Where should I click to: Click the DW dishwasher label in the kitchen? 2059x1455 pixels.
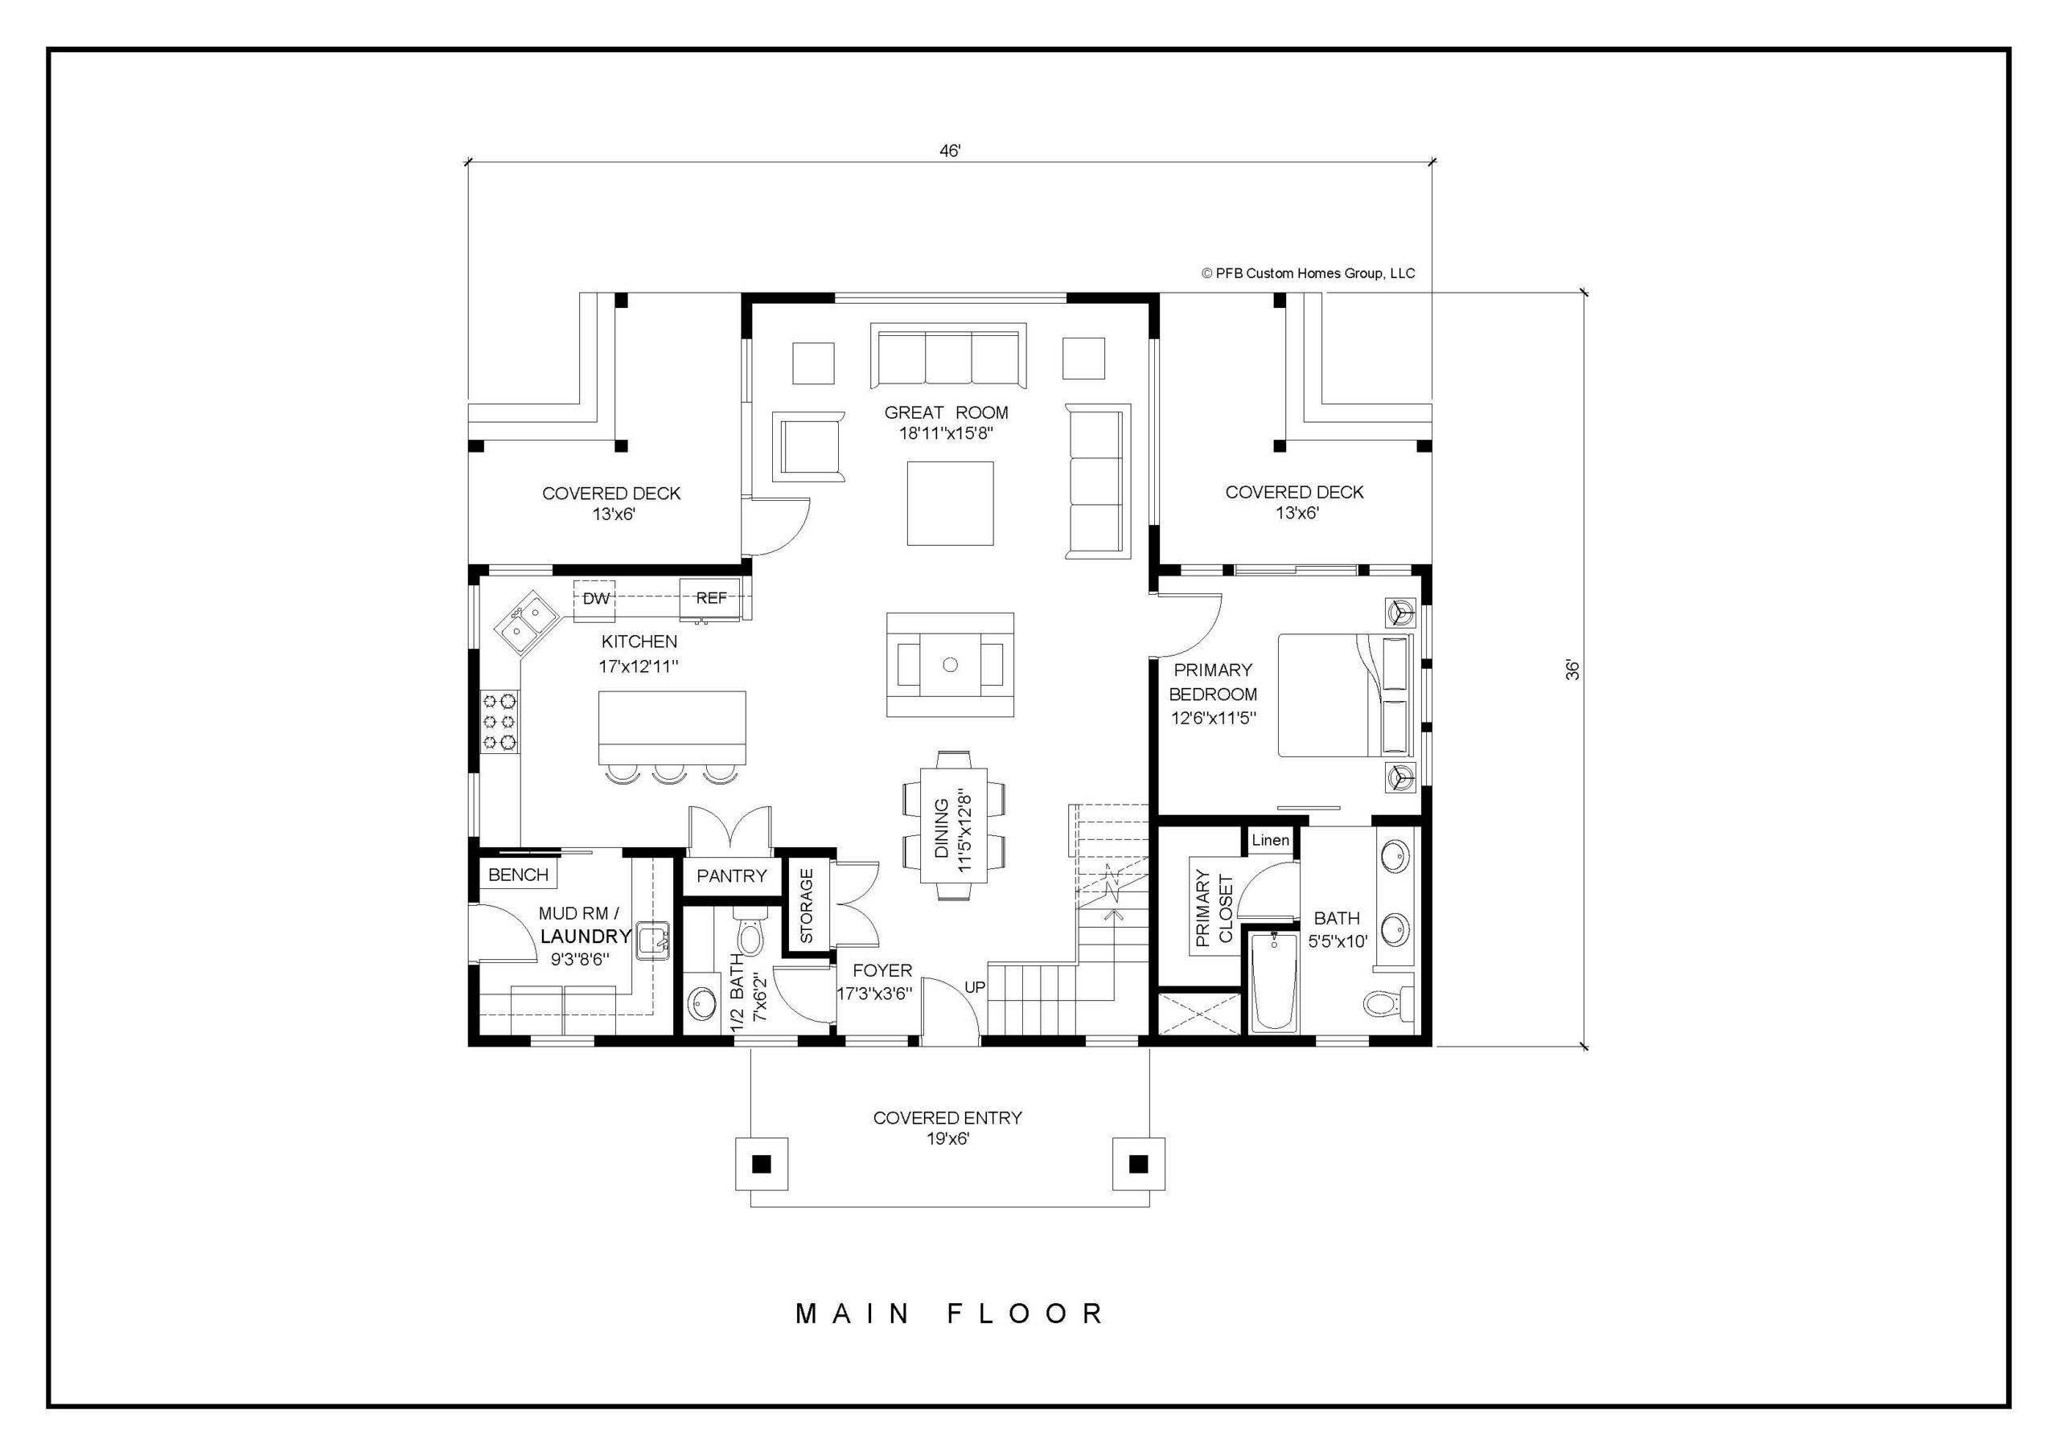coord(596,598)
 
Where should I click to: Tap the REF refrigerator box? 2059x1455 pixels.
coord(710,598)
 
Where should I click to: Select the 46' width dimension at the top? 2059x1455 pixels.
coord(950,151)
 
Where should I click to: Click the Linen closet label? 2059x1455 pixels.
coord(1270,840)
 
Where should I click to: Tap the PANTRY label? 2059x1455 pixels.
coord(732,876)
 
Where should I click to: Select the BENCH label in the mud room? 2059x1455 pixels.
coord(518,875)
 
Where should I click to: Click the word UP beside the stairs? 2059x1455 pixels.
coord(975,987)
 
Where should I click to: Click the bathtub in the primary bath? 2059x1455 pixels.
coord(1273,982)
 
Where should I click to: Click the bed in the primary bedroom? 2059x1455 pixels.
coord(1345,695)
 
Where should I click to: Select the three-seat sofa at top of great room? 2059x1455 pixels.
coord(948,356)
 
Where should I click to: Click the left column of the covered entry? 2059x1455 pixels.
coord(762,1164)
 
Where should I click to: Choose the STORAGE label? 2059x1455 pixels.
coord(806,904)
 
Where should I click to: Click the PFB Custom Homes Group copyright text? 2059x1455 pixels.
coord(1308,273)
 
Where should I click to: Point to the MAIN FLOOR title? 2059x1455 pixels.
coord(950,1314)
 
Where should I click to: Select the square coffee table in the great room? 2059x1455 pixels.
coord(950,503)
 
